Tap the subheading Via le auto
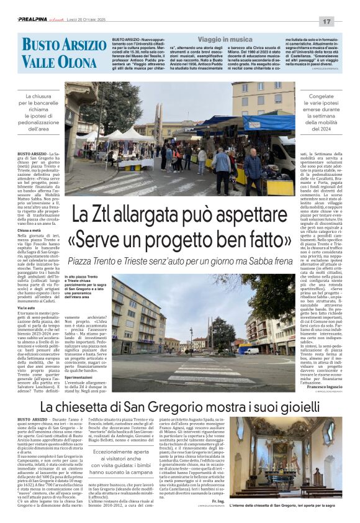coord(27,307)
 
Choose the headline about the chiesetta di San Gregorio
coord(179,407)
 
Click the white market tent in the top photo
coord(127,134)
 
